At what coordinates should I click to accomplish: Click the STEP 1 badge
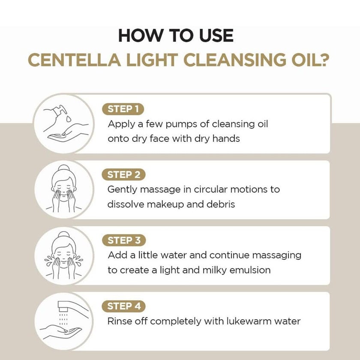tap(123, 109)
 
